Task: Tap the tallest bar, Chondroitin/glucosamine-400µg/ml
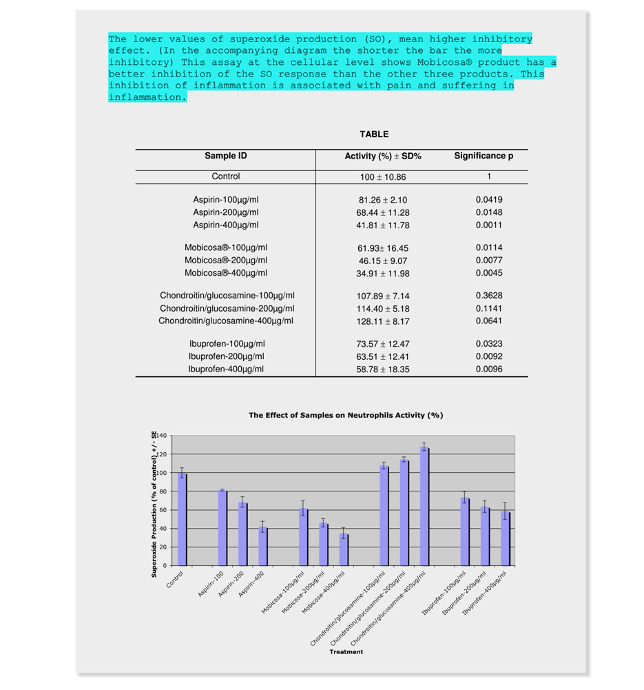click(x=424, y=507)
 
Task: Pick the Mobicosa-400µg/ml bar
click(x=343, y=549)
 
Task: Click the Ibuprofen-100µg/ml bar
click(x=465, y=531)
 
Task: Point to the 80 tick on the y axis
click(x=163, y=491)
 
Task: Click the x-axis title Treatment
click(x=346, y=651)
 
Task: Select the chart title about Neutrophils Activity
click(x=346, y=415)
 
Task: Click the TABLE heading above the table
click(x=374, y=134)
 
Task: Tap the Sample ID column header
click(x=225, y=156)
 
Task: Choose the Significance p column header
click(x=484, y=156)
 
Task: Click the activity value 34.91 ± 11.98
click(x=383, y=274)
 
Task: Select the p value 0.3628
click(x=489, y=296)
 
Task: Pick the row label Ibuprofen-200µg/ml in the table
click(x=226, y=356)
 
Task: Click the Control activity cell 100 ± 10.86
click(x=383, y=177)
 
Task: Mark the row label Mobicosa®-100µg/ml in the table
click(x=226, y=247)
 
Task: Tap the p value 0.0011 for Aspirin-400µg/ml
click(x=489, y=225)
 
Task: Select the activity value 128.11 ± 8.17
click(x=383, y=321)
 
